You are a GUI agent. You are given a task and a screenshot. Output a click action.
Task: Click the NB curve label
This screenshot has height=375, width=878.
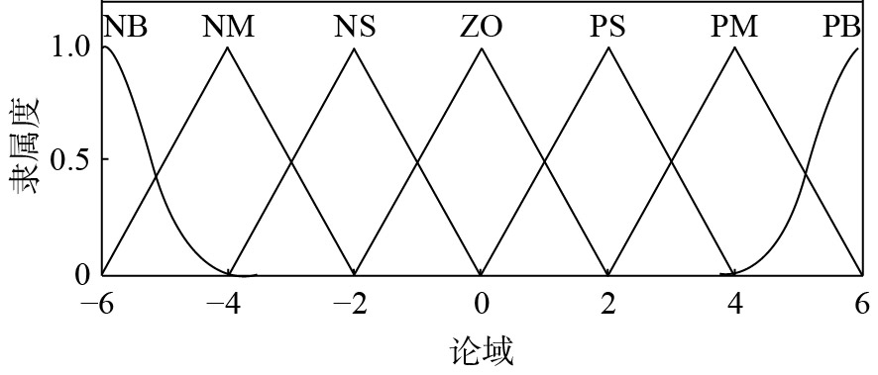pos(126,27)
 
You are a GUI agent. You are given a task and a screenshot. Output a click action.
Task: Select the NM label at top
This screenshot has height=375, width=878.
pos(229,27)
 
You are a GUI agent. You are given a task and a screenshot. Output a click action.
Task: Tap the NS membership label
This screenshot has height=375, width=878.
pos(355,27)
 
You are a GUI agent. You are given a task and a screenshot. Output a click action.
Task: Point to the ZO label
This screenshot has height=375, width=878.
pos(481,27)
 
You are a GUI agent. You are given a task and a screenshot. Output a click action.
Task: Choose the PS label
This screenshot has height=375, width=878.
pos(607,27)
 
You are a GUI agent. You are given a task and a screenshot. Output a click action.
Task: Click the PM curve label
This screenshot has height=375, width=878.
pos(734,27)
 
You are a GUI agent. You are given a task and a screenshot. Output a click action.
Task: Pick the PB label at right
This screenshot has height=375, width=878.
pos(841,27)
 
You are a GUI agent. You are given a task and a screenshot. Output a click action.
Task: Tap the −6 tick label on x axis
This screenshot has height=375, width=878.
pos(101,305)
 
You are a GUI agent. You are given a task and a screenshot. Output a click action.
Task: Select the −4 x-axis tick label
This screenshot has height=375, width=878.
pos(225,305)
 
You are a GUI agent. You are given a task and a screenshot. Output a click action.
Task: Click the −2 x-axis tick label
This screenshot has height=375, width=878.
pos(352,305)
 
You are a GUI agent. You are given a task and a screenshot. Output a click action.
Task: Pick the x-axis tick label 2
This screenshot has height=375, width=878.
pos(608,305)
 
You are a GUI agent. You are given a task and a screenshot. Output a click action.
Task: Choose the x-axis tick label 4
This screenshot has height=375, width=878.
pos(734,305)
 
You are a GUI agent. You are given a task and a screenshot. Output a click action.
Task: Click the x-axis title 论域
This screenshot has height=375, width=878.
pos(481,353)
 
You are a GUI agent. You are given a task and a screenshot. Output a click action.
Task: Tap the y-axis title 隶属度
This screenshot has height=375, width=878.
pos(25,145)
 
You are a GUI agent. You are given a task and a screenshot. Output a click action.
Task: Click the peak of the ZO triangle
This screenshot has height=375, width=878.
pos(481,47)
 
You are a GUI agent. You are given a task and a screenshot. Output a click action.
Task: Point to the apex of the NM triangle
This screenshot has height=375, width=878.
pos(227,47)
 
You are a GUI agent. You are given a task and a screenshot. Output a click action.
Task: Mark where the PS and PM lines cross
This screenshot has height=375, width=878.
pos(671,162)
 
